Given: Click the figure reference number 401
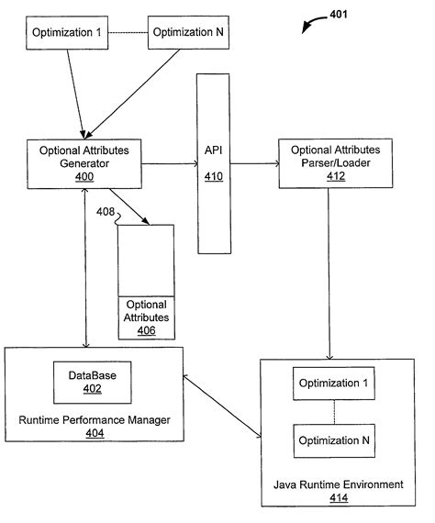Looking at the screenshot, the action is (x=339, y=15).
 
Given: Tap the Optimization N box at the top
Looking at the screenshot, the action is (x=188, y=32).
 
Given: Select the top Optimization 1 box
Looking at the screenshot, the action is (x=67, y=33).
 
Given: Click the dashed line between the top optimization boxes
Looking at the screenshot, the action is (x=128, y=33).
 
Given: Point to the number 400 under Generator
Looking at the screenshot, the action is (x=84, y=176).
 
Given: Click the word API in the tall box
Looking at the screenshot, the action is (x=214, y=150).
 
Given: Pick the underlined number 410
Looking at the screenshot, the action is (x=214, y=176).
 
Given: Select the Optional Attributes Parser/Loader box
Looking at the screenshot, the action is (x=336, y=163).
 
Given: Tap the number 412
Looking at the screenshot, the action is (x=336, y=176).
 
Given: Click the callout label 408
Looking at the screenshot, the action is (x=106, y=211).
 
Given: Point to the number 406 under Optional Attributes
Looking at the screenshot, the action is (x=147, y=330).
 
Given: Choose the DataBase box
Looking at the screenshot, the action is (x=93, y=383).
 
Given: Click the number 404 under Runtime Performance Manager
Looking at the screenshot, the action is (x=95, y=433).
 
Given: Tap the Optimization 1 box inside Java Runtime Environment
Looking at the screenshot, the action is (x=333, y=384).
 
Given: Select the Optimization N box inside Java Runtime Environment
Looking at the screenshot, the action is (x=334, y=440).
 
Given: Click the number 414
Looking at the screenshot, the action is (x=339, y=497).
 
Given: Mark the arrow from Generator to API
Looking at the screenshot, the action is (x=170, y=163).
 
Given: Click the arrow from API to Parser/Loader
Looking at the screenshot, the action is (x=254, y=163).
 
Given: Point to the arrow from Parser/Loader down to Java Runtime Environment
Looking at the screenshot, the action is (x=329, y=273).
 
